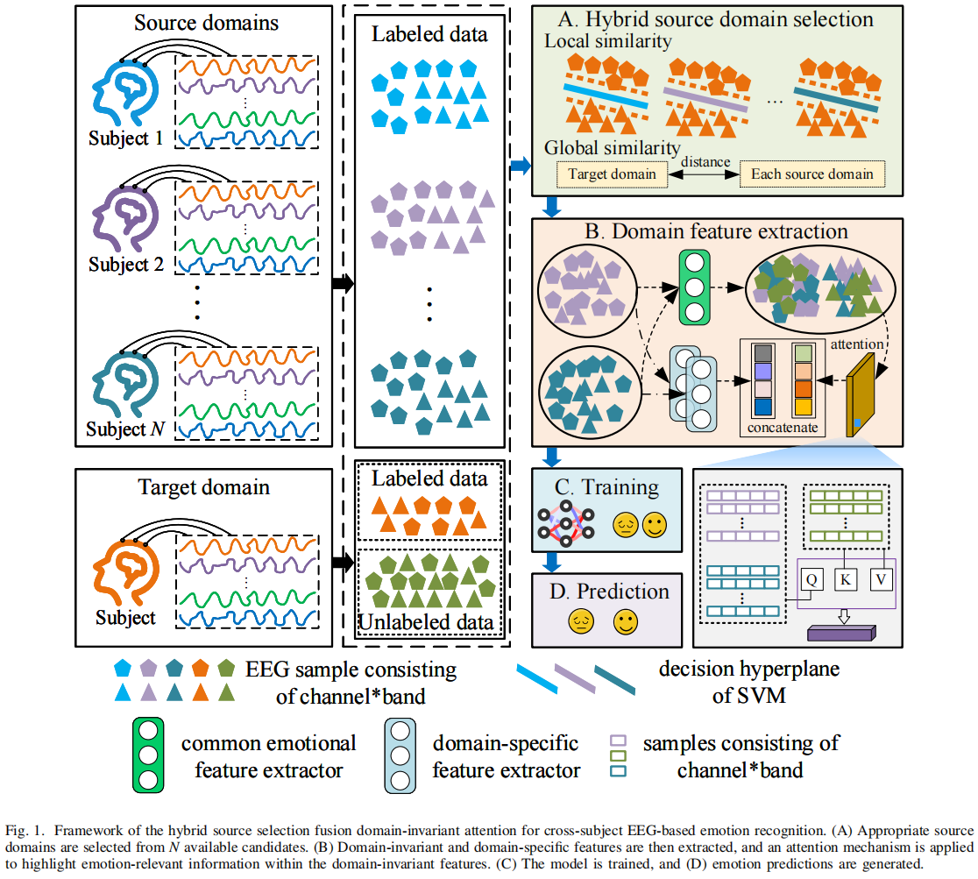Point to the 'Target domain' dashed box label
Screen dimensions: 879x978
click(612, 174)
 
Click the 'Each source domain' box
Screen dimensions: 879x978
click(811, 174)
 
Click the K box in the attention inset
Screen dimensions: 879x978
click(845, 578)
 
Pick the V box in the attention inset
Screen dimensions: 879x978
click(880, 578)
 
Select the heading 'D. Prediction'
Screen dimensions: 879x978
click(609, 592)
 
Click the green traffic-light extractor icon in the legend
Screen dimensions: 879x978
click(151, 756)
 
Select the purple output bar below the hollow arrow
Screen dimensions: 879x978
click(839, 632)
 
